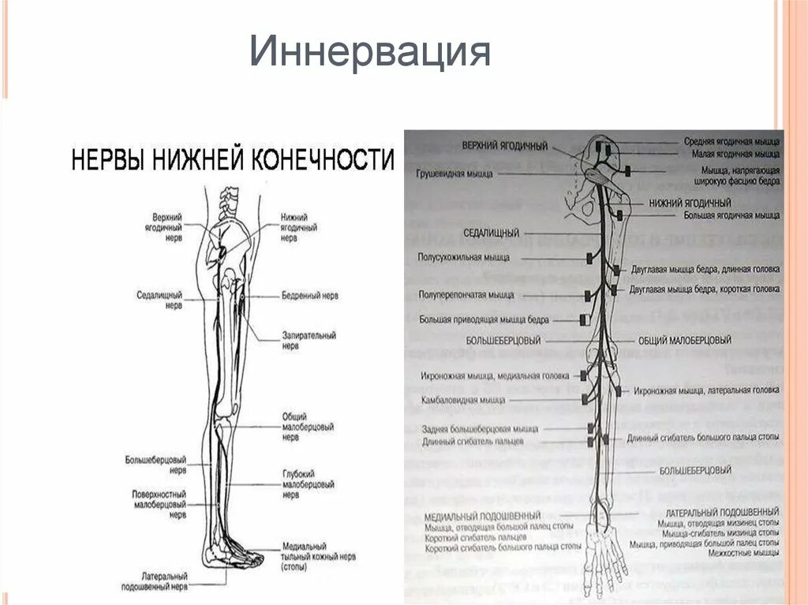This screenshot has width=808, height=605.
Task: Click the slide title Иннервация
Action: point(370,53)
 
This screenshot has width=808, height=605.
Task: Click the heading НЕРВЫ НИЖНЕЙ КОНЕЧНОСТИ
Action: point(232,160)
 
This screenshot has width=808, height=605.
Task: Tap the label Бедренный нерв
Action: point(309,296)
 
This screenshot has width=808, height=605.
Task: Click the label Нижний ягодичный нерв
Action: point(299,226)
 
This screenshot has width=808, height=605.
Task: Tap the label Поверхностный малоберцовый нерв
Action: point(159,504)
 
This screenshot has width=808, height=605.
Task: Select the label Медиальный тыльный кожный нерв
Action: point(309,556)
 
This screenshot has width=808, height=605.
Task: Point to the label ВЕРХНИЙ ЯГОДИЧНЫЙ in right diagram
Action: point(506,147)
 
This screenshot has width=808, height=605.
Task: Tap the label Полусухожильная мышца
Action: point(464,257)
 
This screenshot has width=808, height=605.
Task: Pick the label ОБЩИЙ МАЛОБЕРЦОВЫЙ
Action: point(684,340)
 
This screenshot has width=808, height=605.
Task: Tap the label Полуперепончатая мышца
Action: point(466,295)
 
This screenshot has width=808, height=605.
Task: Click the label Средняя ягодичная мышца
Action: point(731,142)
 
